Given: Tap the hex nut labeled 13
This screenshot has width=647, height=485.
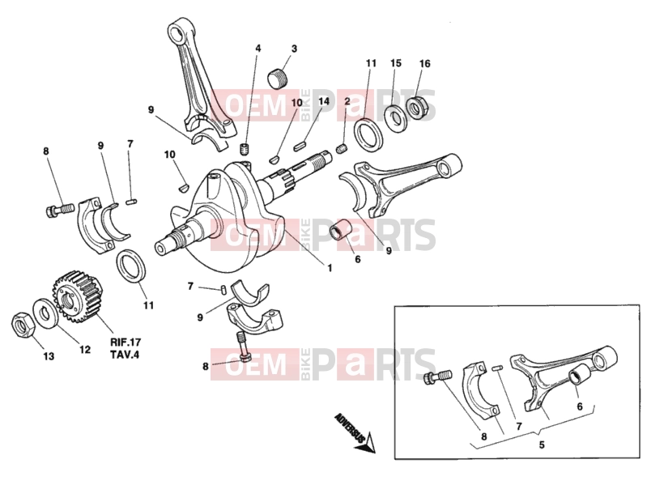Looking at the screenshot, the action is [23, 325].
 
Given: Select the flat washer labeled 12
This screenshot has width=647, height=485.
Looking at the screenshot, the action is [44, 313].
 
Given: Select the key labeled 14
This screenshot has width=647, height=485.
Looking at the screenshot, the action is [300, 146].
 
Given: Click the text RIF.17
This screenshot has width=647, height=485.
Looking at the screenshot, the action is [126, 342].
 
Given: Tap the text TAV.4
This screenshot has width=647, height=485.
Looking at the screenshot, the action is [125, 355].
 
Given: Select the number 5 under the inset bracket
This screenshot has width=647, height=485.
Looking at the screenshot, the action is [542, 445].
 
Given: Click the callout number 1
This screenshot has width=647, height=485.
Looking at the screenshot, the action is [330, 268].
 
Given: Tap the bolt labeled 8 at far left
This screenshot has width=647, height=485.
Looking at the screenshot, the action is [58, 209].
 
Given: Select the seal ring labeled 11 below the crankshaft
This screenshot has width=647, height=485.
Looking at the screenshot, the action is [132, 267].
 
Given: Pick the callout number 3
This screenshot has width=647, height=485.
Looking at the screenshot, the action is [294, 49].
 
